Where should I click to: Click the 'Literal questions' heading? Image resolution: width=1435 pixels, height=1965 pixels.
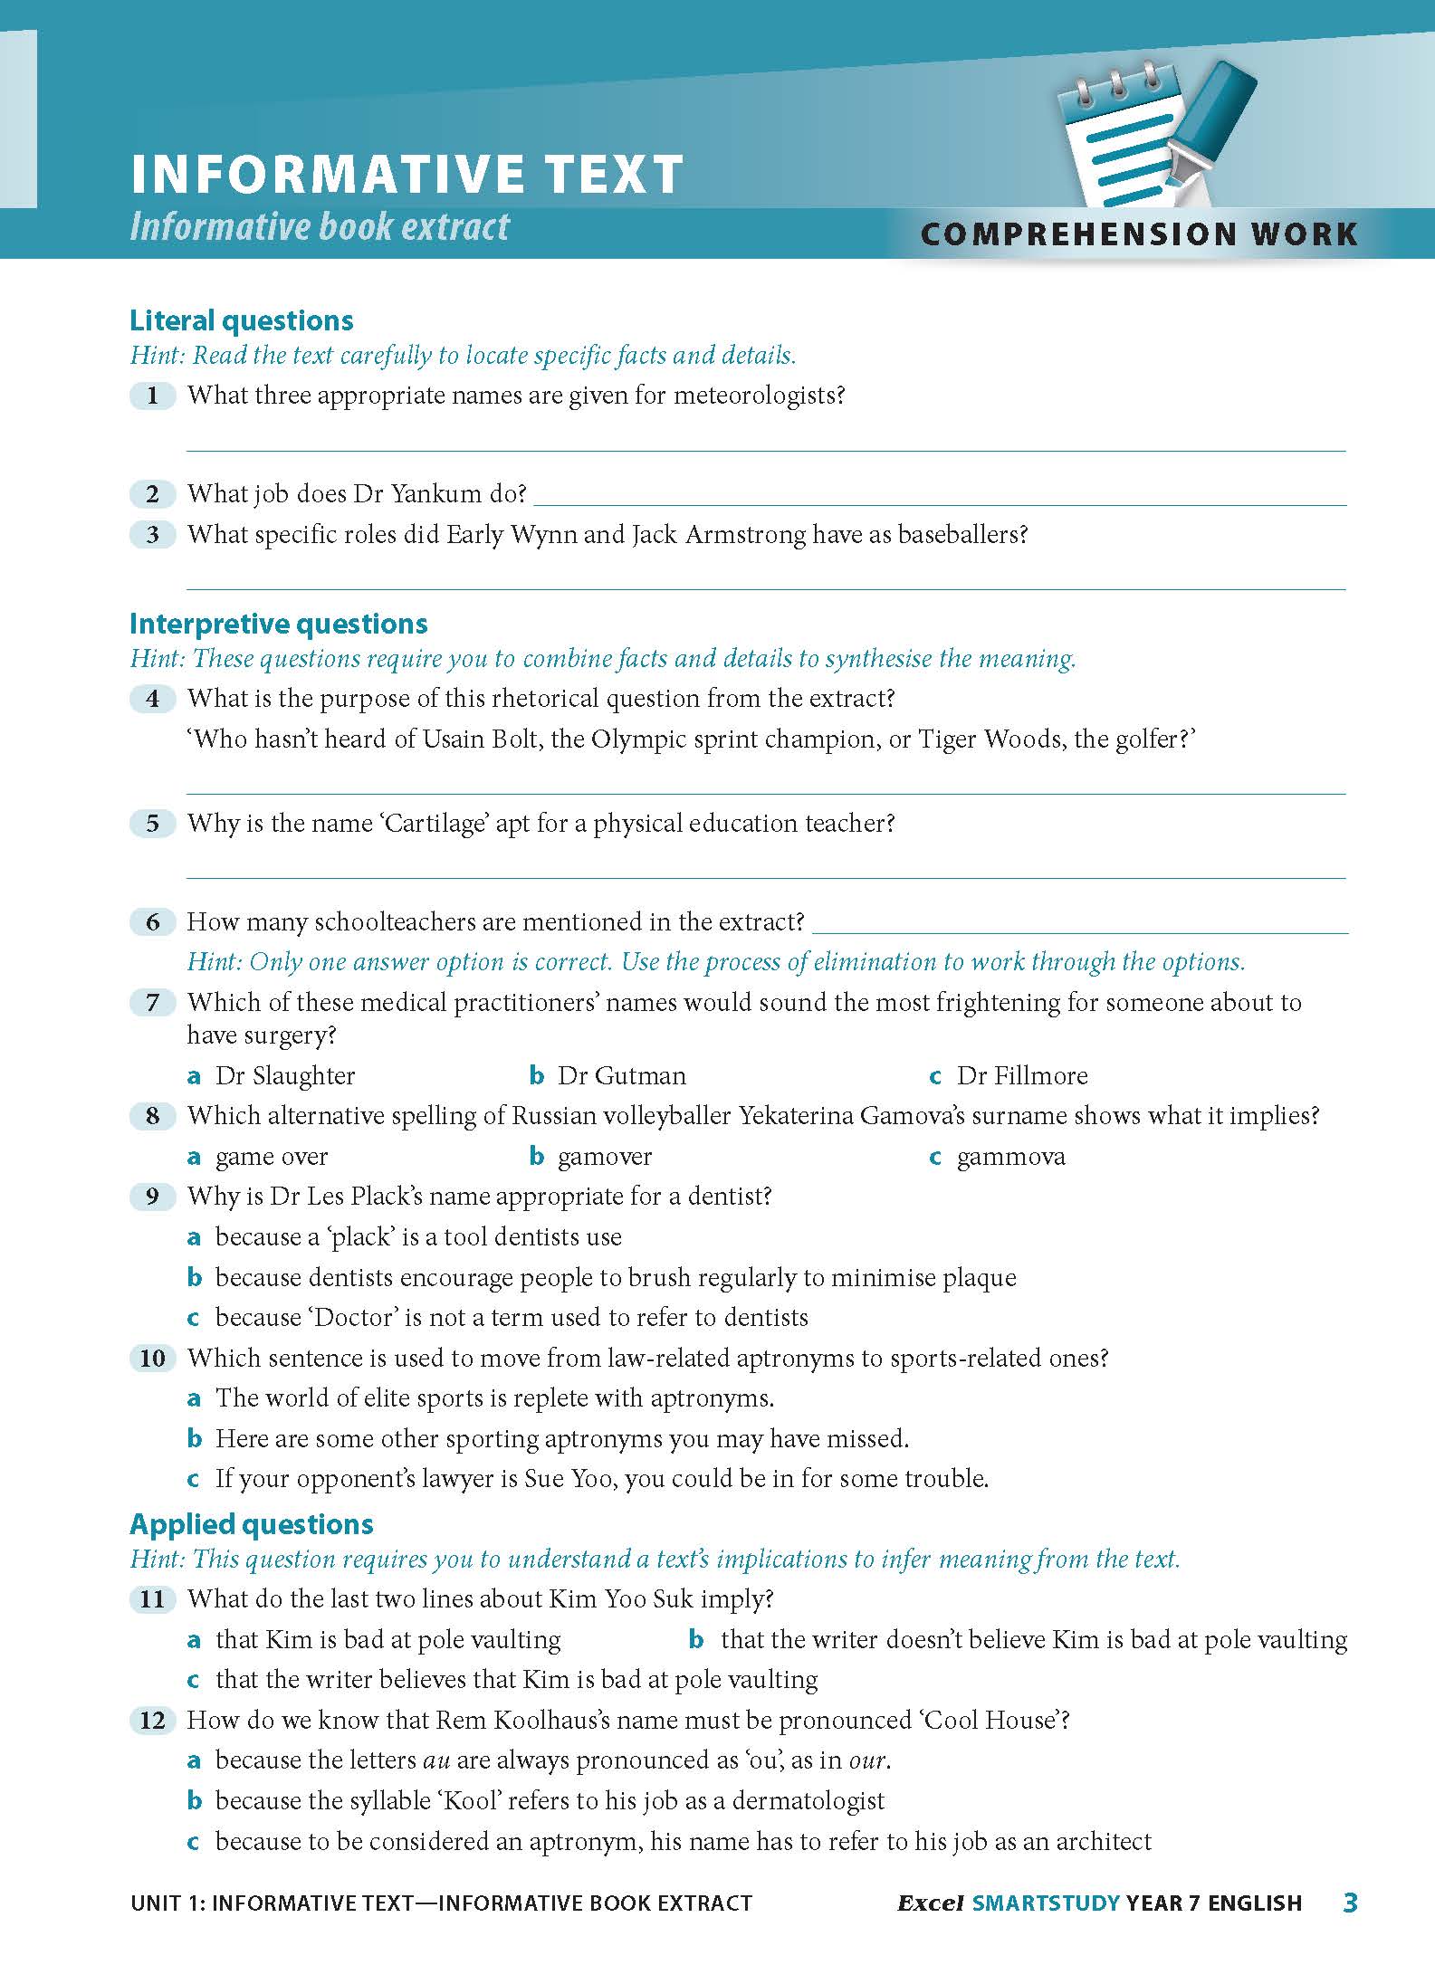[241, 320]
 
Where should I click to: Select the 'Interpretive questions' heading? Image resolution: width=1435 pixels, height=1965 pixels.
[278, 624]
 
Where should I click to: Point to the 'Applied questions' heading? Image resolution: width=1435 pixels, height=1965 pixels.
[251, 1524]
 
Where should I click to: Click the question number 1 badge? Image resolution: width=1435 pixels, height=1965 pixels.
[152, 396]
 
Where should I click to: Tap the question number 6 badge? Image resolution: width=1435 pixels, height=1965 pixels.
[152, 922]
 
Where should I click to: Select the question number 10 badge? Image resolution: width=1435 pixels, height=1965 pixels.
[152, 1358]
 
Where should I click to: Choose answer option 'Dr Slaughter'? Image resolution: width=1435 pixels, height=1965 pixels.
[284, 1076]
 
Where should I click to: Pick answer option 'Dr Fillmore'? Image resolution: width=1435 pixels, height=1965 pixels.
[1021, 1076]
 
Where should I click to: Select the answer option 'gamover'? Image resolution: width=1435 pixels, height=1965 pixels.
[604, 1157]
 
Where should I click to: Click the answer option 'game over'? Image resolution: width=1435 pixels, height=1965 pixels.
[271, 1157]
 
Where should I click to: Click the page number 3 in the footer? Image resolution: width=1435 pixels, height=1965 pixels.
[1350, 1903]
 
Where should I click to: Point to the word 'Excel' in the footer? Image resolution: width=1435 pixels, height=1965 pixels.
[930, 1903]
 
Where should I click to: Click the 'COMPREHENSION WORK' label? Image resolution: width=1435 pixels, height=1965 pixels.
[1138, 234]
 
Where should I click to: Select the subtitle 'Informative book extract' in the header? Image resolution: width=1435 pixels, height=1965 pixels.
[320, 226]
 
